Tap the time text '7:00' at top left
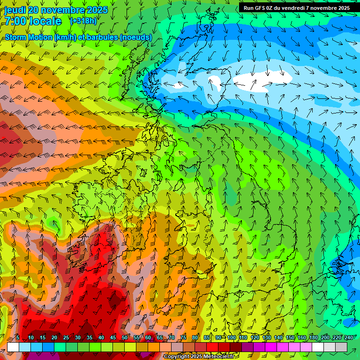coord(15,21)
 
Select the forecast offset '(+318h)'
coord(83,21)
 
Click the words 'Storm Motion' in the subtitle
coord(28,37)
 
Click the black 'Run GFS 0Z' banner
coord(296,7)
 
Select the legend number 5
coord(18,337)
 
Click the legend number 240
coord(349,337)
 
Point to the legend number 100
coord(232,337)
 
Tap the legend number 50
coord(125,337)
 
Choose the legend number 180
coord(313,337)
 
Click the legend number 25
coord(66,337)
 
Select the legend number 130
coord(267,337)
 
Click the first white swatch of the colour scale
coord(13,347)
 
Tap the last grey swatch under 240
coord(341,347)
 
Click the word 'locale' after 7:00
coord(45,21)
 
